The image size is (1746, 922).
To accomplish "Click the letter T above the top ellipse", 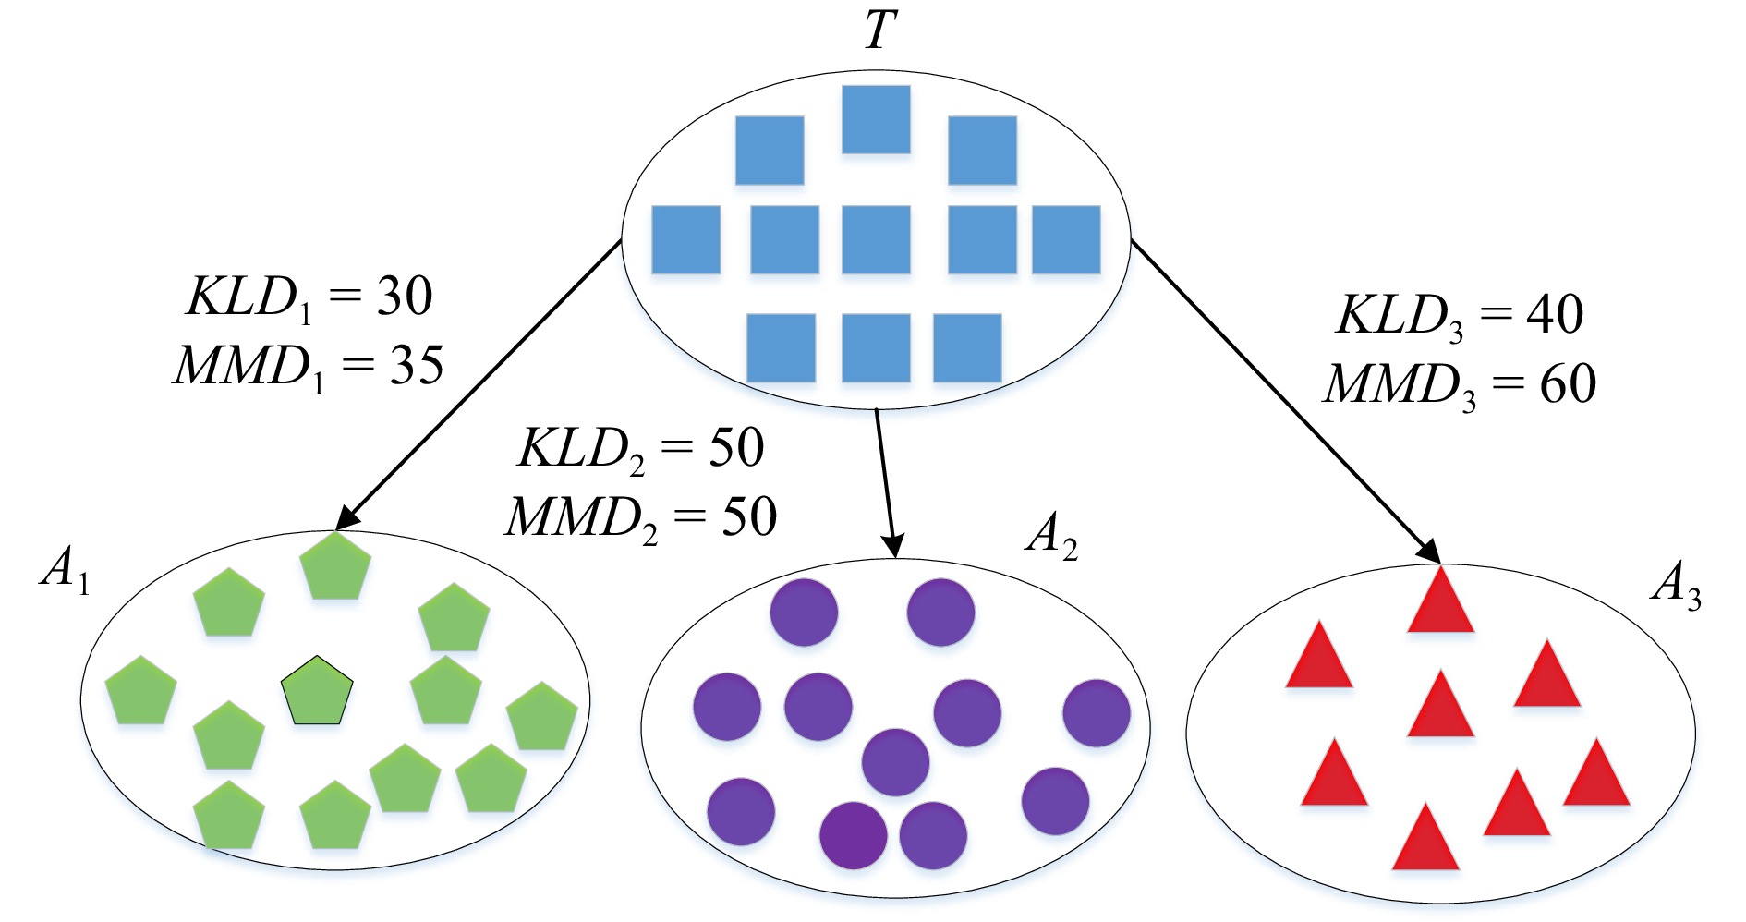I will click(879, 30).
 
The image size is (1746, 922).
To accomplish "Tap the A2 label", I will click(1051, 536).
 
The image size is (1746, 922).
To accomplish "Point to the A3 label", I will click(1676, 586).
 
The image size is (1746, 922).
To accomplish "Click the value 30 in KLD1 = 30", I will click(405, 297).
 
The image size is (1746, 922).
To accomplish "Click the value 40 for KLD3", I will click(1555, 315).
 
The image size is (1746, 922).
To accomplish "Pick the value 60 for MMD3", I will click(1568, 384).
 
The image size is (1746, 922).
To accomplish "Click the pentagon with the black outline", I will click(317, 692).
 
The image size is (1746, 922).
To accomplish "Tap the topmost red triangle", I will click(1440, 603).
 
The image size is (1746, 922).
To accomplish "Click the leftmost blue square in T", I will click(685, 240).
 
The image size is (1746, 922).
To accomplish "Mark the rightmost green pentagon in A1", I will click(542, 718).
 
